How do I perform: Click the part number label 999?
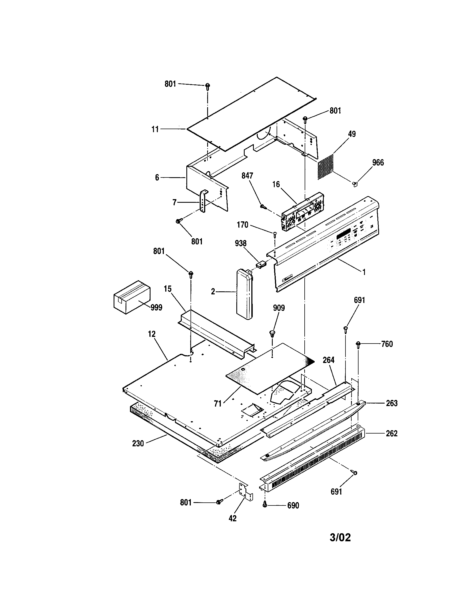click(156, 307)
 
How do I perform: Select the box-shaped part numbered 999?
click(132, 297)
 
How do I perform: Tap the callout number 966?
click(378, 162)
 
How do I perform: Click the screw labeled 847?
click(263, 206)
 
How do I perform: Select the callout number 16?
click(276, 184)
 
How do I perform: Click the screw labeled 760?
click(358, 344)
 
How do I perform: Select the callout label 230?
click(138, 444)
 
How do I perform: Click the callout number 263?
click(392, 403)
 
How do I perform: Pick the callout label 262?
click(392, 433)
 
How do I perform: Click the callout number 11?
click(155, 129)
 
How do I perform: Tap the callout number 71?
click(218, 404)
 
